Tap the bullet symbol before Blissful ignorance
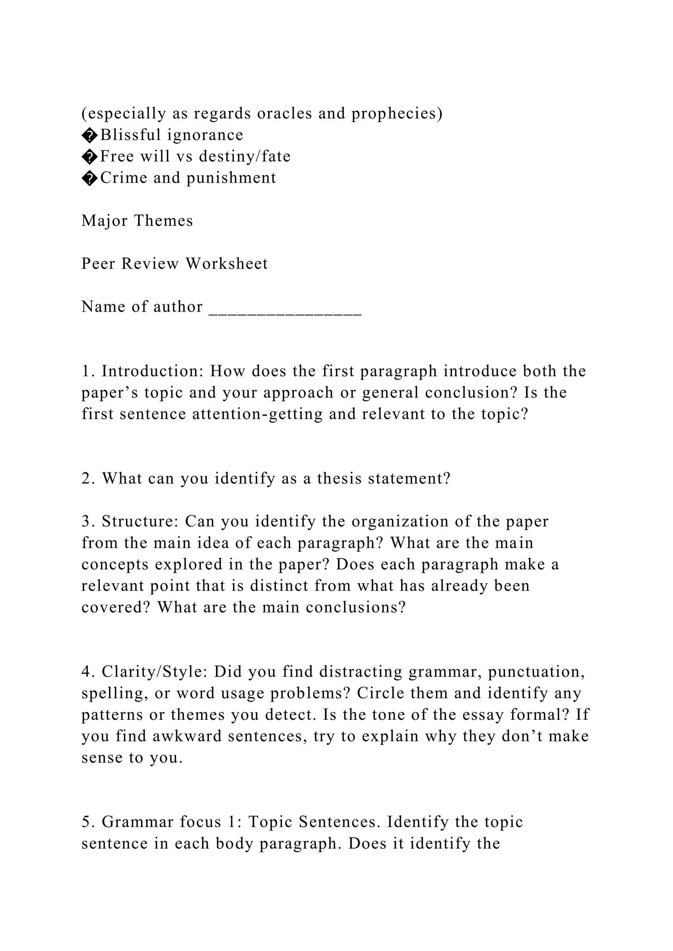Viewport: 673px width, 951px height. click(89, 135)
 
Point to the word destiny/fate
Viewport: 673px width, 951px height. click(244, 156)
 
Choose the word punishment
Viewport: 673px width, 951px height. click(231, 178)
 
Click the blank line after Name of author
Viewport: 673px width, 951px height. click(285, 308)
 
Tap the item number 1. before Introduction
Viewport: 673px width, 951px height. click(89, 371)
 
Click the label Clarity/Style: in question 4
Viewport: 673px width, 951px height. click(154, 672)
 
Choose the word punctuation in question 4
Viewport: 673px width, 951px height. click(536, 672)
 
